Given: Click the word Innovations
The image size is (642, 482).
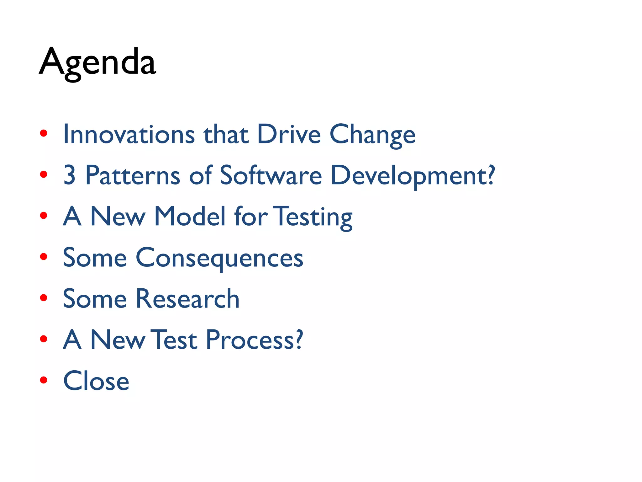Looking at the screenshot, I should click(129, 134).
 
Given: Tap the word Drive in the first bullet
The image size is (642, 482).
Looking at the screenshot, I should click(289, 134).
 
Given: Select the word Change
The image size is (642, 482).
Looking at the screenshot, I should click(372, 135).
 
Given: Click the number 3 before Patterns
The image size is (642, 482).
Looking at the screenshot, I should click(70, 175).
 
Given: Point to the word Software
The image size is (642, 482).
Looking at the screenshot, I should click(271, 175).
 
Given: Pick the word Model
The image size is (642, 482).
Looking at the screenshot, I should click(190, 217).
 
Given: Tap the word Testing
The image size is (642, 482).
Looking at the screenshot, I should click(313, 217).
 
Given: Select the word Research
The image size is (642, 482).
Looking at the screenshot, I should click(187, 299).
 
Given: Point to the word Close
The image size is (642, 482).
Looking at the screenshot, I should click(96, 381).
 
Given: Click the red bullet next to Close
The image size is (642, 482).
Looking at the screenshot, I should click(44, 380).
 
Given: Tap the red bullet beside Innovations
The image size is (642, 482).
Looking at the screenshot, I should click(44, 134).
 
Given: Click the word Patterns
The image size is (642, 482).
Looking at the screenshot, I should click(133, 175).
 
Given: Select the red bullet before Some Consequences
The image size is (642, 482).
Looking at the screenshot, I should click(44, 257).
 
